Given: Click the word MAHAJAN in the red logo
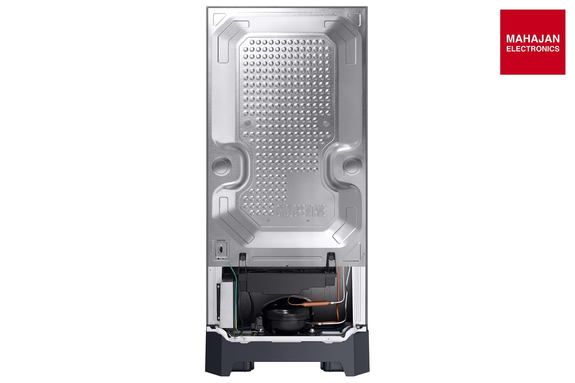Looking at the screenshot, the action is [x=533, y=39].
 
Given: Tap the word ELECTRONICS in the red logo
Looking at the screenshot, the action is [x=533, y=49].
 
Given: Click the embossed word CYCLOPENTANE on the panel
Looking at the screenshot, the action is [x=301, y=211].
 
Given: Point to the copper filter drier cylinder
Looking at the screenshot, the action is [x=316, y=303].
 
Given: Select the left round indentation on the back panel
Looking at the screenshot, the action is [x=221, y=166].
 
